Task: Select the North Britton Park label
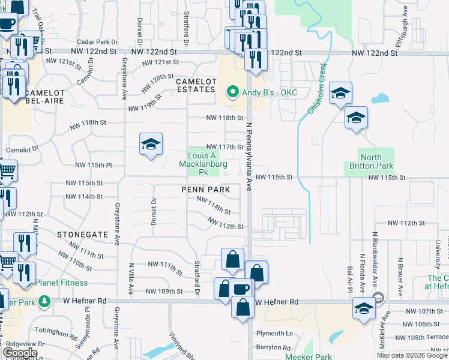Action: point(371,161)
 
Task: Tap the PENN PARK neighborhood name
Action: point(206,189)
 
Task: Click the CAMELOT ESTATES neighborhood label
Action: point(195,85)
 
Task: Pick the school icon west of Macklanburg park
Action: point(151,145)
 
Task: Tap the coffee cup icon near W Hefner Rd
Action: point(240,289)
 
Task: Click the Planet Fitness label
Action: point(61,283)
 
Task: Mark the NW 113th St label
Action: point(226,226)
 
